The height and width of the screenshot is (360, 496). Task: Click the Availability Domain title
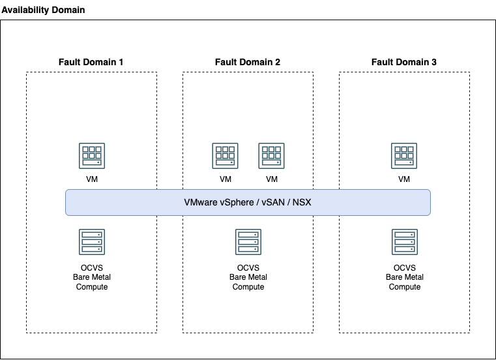(43, 10)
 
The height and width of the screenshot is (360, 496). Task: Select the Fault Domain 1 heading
(91, 62)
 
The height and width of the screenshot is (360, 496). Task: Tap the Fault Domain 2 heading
(248, 62)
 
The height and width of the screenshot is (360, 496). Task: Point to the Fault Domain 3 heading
(404, 62)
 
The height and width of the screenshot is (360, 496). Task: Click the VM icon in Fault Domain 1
(91, 156)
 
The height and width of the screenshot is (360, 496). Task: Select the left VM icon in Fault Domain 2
(225, 156)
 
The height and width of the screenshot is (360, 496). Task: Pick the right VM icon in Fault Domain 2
(272, 156)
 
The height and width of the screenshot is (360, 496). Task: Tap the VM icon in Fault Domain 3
(404, 156)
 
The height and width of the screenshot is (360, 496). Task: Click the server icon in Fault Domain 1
(91, 242)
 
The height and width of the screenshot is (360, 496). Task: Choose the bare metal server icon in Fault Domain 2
(248, 242)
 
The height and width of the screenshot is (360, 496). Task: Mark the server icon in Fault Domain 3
(404, 242)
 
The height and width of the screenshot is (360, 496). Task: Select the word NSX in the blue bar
(302, 202)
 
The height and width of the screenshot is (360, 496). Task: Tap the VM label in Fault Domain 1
(91, 179)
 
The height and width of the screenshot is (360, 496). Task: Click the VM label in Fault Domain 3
(404, 179)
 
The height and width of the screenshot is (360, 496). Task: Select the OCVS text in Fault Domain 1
(91, 268)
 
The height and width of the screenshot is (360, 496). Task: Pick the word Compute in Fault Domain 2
(248, 287)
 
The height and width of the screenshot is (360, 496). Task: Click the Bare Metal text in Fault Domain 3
(404, 277)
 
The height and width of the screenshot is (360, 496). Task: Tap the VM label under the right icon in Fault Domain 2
(272, 179)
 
